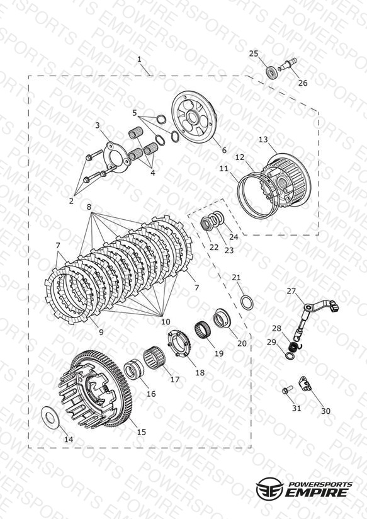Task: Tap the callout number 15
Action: (141, 431)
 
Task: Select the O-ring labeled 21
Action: (247, 302)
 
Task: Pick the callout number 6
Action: (224, 150)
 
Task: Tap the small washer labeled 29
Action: (290, 356)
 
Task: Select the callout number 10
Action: (166, 321)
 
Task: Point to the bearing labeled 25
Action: (272, 72)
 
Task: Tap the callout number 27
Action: (291, 291)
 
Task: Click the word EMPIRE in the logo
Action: (317, 493)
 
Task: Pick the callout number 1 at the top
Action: (139, 59)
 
